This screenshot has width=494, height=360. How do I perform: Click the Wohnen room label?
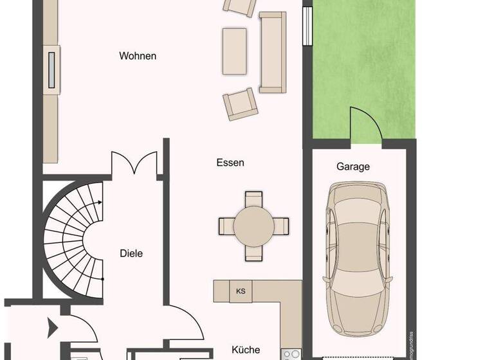coord(138,56)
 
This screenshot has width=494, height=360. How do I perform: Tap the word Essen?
coord(230,163)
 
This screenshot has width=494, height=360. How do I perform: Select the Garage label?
coord(353,166)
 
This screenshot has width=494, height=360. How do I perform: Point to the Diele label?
coord(131,253)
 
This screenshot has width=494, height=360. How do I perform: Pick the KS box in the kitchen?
coord(241,291)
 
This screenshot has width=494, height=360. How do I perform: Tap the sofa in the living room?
coord(272,51)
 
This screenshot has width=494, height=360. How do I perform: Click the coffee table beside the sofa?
coord(234,50)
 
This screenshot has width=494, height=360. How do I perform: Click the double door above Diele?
coord(134,163)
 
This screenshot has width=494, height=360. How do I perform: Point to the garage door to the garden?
coord(365,123)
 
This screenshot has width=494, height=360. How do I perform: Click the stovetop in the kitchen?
coord(291,354)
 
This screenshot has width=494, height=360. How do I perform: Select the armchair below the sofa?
coord(240,104)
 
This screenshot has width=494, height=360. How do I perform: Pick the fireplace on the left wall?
coord(51,69)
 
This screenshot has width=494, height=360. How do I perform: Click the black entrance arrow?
coord(51,330)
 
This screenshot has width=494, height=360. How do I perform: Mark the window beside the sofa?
coord(306,26)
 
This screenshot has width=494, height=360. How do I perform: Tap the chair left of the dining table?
coord(226,226)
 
